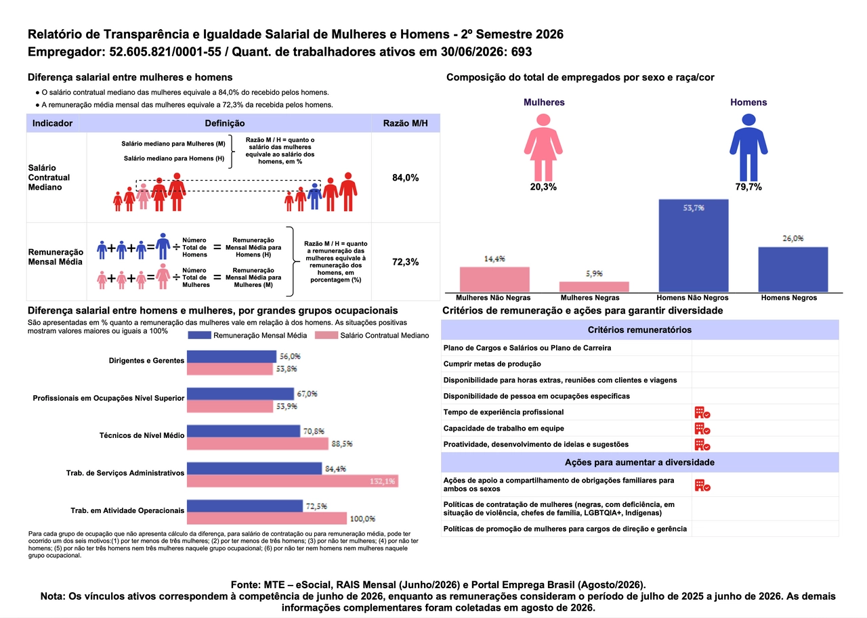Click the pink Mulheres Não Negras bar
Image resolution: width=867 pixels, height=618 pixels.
click(x=494, y=280)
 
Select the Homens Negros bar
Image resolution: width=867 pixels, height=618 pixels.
click(x=792, y=269)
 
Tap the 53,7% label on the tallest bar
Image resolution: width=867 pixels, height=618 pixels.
click(x=693, y=208)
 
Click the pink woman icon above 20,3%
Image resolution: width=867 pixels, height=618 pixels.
click(x=543, y=148)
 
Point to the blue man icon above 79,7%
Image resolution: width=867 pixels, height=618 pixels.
click(x=748, y=148)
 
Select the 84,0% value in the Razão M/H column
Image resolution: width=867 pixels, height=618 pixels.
click(x=405, y=177)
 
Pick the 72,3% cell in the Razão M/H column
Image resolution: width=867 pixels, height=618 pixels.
click(x=405, y=262)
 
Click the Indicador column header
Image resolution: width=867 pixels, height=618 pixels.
click(x=52, y=123)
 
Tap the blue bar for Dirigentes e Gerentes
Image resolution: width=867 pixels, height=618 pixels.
click(x=232, y=357)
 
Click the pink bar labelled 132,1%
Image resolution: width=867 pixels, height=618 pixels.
click(x=293, y=481)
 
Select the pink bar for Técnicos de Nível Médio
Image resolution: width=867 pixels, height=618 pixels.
click(x=257, y=443)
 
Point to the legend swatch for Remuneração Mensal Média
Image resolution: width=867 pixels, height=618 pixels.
click(x=199, y=335)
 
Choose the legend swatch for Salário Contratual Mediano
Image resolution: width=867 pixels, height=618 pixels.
click(x=326, y=335)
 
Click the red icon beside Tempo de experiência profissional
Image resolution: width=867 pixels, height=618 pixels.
click(x=702, y=412)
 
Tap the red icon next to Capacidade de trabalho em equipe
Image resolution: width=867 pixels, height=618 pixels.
click(x=702, y=428)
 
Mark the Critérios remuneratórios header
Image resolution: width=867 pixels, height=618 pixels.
click(x=639, y=330)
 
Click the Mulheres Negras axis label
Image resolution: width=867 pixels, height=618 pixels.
click(x=590, y=297)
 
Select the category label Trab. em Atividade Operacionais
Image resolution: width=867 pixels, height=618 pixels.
click(x=127, y=510)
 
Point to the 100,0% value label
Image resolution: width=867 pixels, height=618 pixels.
click(x=362, y=518)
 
